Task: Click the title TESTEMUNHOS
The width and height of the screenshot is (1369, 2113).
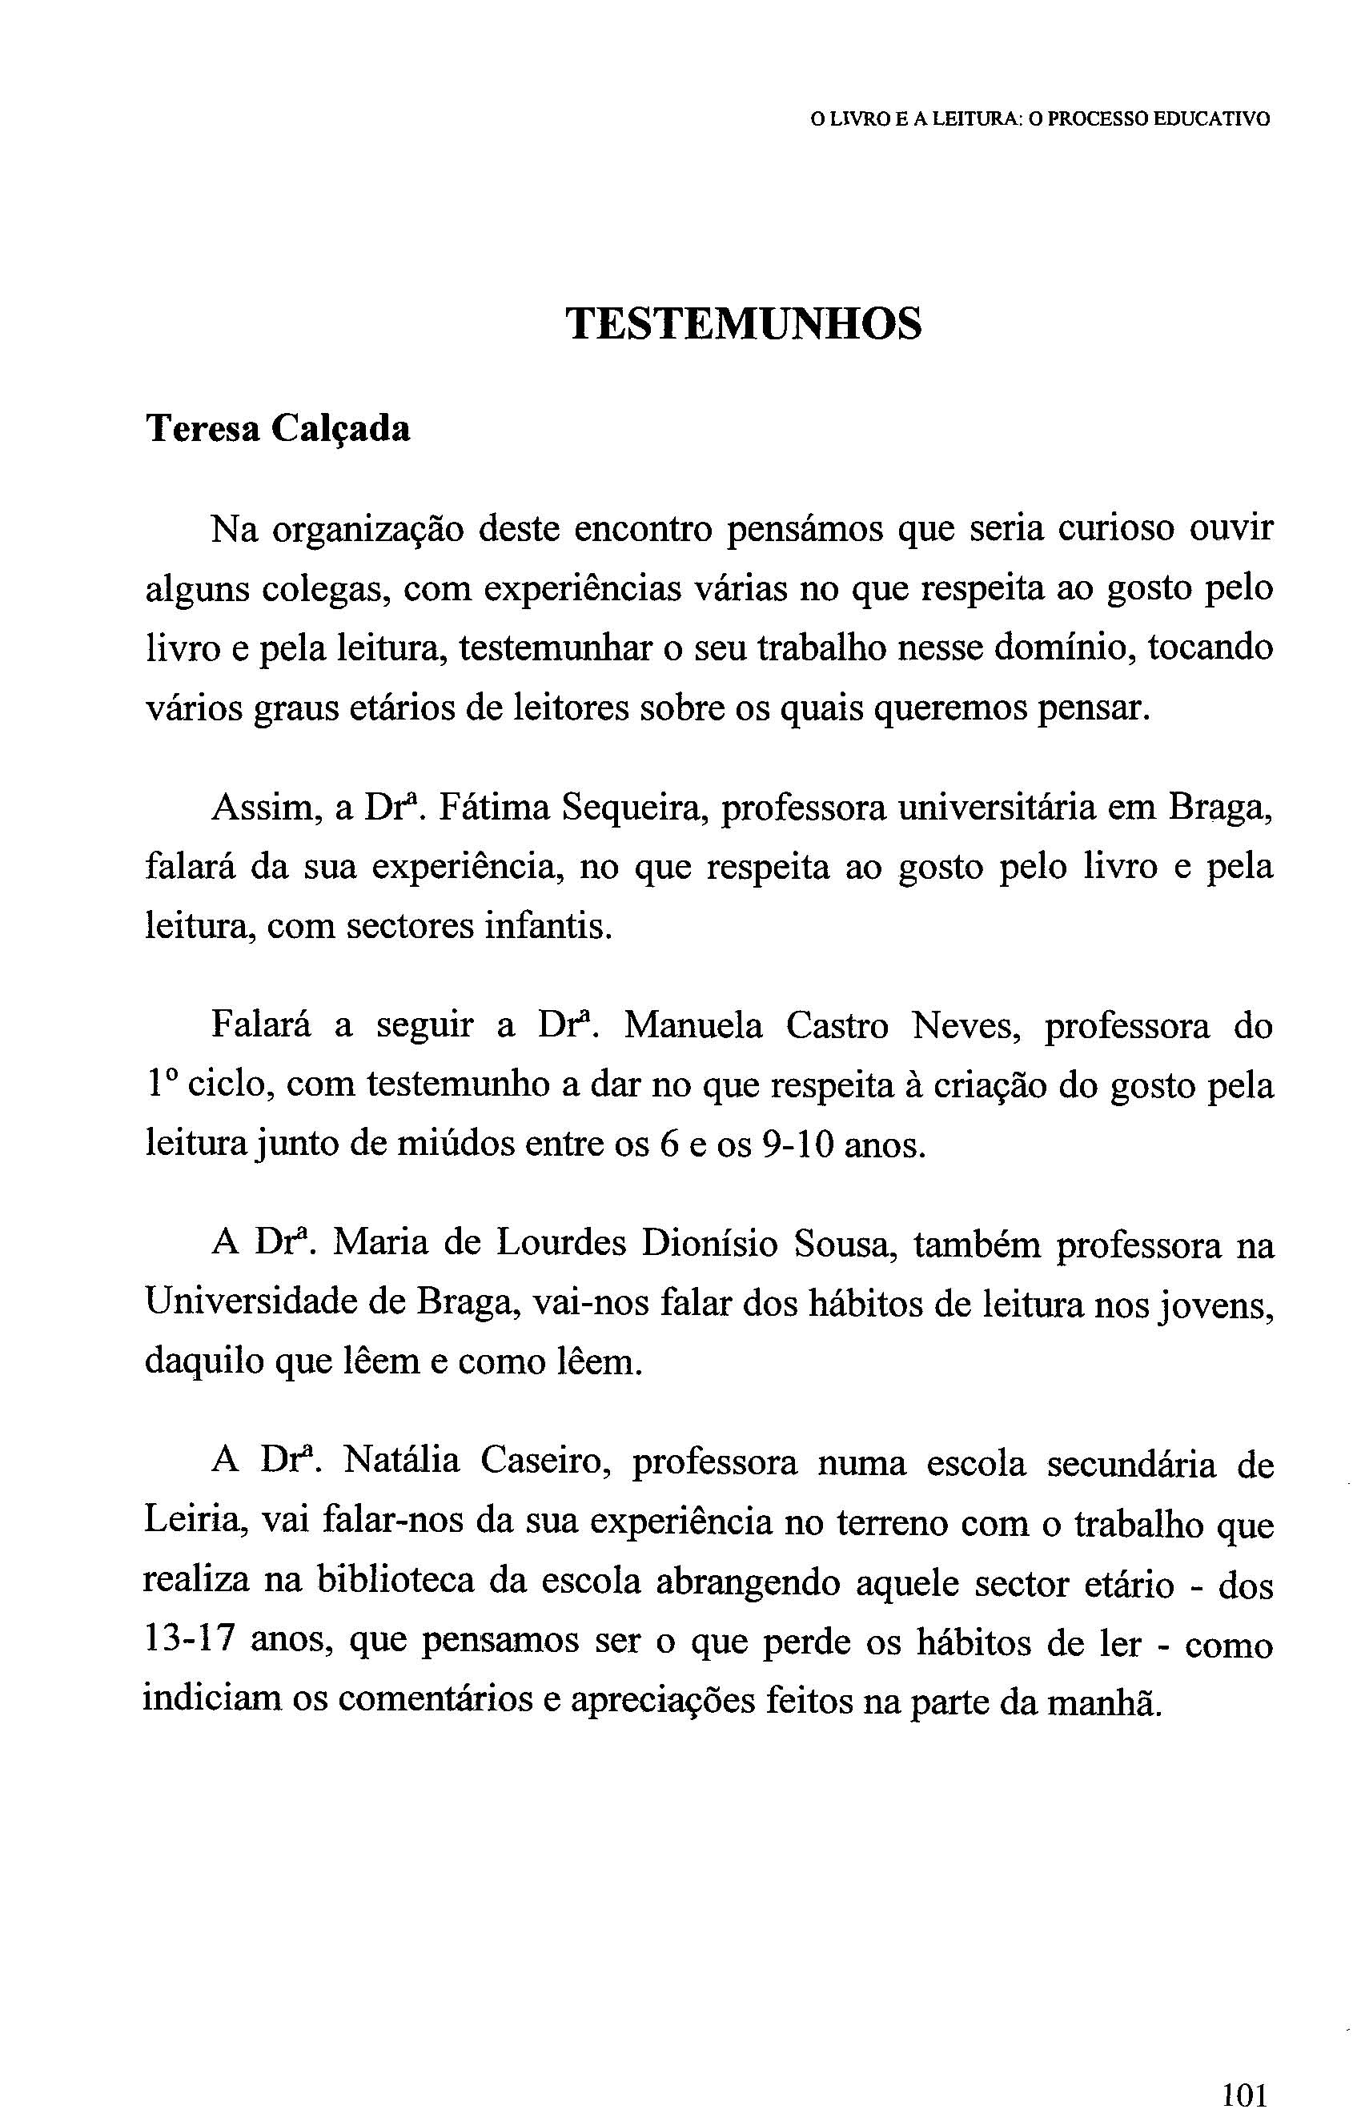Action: [x=744, y=323]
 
